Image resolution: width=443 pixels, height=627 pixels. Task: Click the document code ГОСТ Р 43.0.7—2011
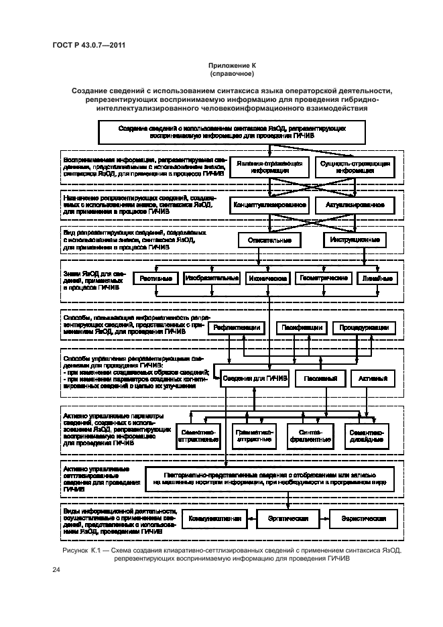89,45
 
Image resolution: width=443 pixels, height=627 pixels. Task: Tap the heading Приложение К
233,65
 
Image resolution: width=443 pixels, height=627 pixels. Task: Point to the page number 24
56,570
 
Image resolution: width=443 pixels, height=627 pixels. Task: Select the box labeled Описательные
269,239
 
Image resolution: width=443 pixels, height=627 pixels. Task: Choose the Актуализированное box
355,204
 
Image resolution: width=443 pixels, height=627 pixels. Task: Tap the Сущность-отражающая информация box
355,167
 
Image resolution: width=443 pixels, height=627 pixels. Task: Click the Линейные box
376,278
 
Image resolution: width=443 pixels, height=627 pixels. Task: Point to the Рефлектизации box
237,328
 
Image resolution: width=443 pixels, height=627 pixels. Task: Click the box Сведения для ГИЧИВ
255,379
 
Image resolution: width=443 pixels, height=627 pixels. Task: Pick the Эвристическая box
365,519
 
